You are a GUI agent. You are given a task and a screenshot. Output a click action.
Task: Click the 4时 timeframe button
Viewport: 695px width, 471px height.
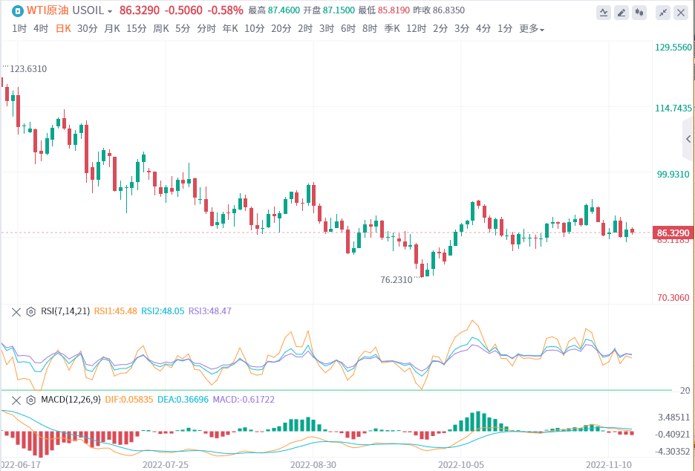41,29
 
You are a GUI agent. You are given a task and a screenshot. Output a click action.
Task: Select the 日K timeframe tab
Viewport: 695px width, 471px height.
64,29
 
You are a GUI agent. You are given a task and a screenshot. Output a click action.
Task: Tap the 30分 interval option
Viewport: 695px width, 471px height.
87,29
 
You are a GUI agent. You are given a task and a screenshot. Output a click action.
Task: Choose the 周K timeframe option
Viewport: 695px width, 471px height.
161,29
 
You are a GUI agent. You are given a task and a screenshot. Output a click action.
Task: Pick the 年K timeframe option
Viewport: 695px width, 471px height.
230,29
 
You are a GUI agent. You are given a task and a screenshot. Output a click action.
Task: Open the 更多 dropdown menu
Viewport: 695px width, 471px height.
531,29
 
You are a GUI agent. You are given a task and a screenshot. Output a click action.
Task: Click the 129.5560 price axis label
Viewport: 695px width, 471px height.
673,47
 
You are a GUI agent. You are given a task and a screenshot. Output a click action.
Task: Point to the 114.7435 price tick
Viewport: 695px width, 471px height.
673,108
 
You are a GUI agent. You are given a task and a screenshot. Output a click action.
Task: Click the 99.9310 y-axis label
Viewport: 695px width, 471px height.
673,175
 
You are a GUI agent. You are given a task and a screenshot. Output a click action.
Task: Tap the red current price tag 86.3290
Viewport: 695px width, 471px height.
673,233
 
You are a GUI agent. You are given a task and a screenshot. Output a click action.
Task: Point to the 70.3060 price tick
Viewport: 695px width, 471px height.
673,298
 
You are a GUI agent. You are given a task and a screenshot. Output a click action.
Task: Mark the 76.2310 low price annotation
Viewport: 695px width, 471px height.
396,280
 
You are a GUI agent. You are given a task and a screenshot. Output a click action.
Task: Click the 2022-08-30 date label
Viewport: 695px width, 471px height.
313,464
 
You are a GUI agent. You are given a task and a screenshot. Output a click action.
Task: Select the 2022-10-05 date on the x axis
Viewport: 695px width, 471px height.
461,464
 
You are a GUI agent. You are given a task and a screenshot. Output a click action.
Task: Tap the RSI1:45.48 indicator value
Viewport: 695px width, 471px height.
115,312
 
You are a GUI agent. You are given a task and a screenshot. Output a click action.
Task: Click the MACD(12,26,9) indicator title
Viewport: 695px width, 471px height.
72,400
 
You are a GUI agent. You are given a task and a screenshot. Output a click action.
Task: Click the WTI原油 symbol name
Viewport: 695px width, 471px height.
47,11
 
